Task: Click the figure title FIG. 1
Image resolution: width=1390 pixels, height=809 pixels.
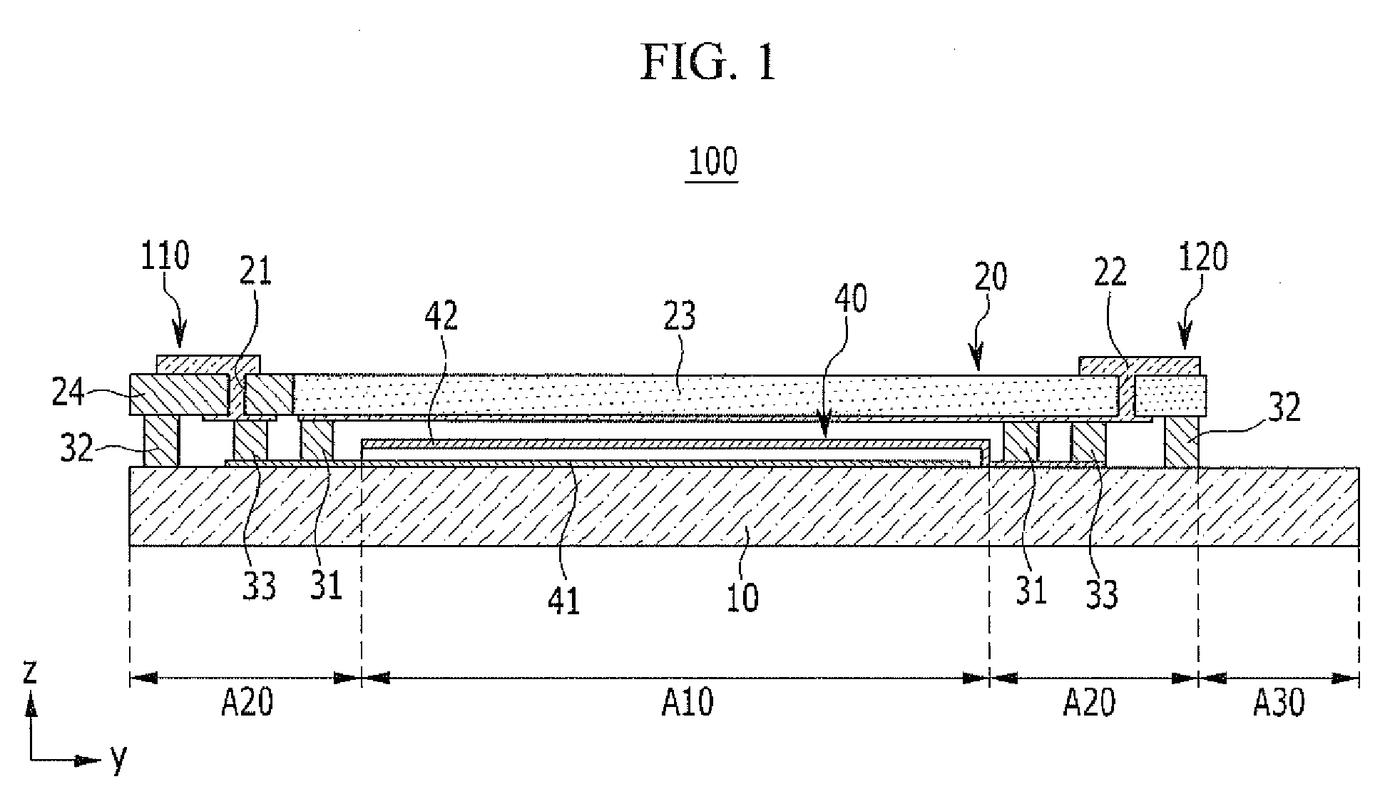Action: (x=708, y=63)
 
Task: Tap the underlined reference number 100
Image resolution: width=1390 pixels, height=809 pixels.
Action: (x=712, y=161)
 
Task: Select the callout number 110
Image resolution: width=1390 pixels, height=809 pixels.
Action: (x=165, y=257)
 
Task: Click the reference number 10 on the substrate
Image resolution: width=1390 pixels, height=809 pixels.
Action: (x=742, y=596)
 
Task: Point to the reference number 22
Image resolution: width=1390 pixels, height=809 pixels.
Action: (x=1109, y=273)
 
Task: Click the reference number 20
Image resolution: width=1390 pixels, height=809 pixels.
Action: (x=990, y=277)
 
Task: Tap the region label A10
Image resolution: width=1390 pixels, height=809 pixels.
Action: (x=687, y=703)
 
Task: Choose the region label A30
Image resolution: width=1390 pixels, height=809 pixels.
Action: (x=1279, y=703)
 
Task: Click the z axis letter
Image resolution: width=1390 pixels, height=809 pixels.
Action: (x=29, y=672)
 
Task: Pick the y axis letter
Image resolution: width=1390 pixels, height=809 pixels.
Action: (x=118, y=760)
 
